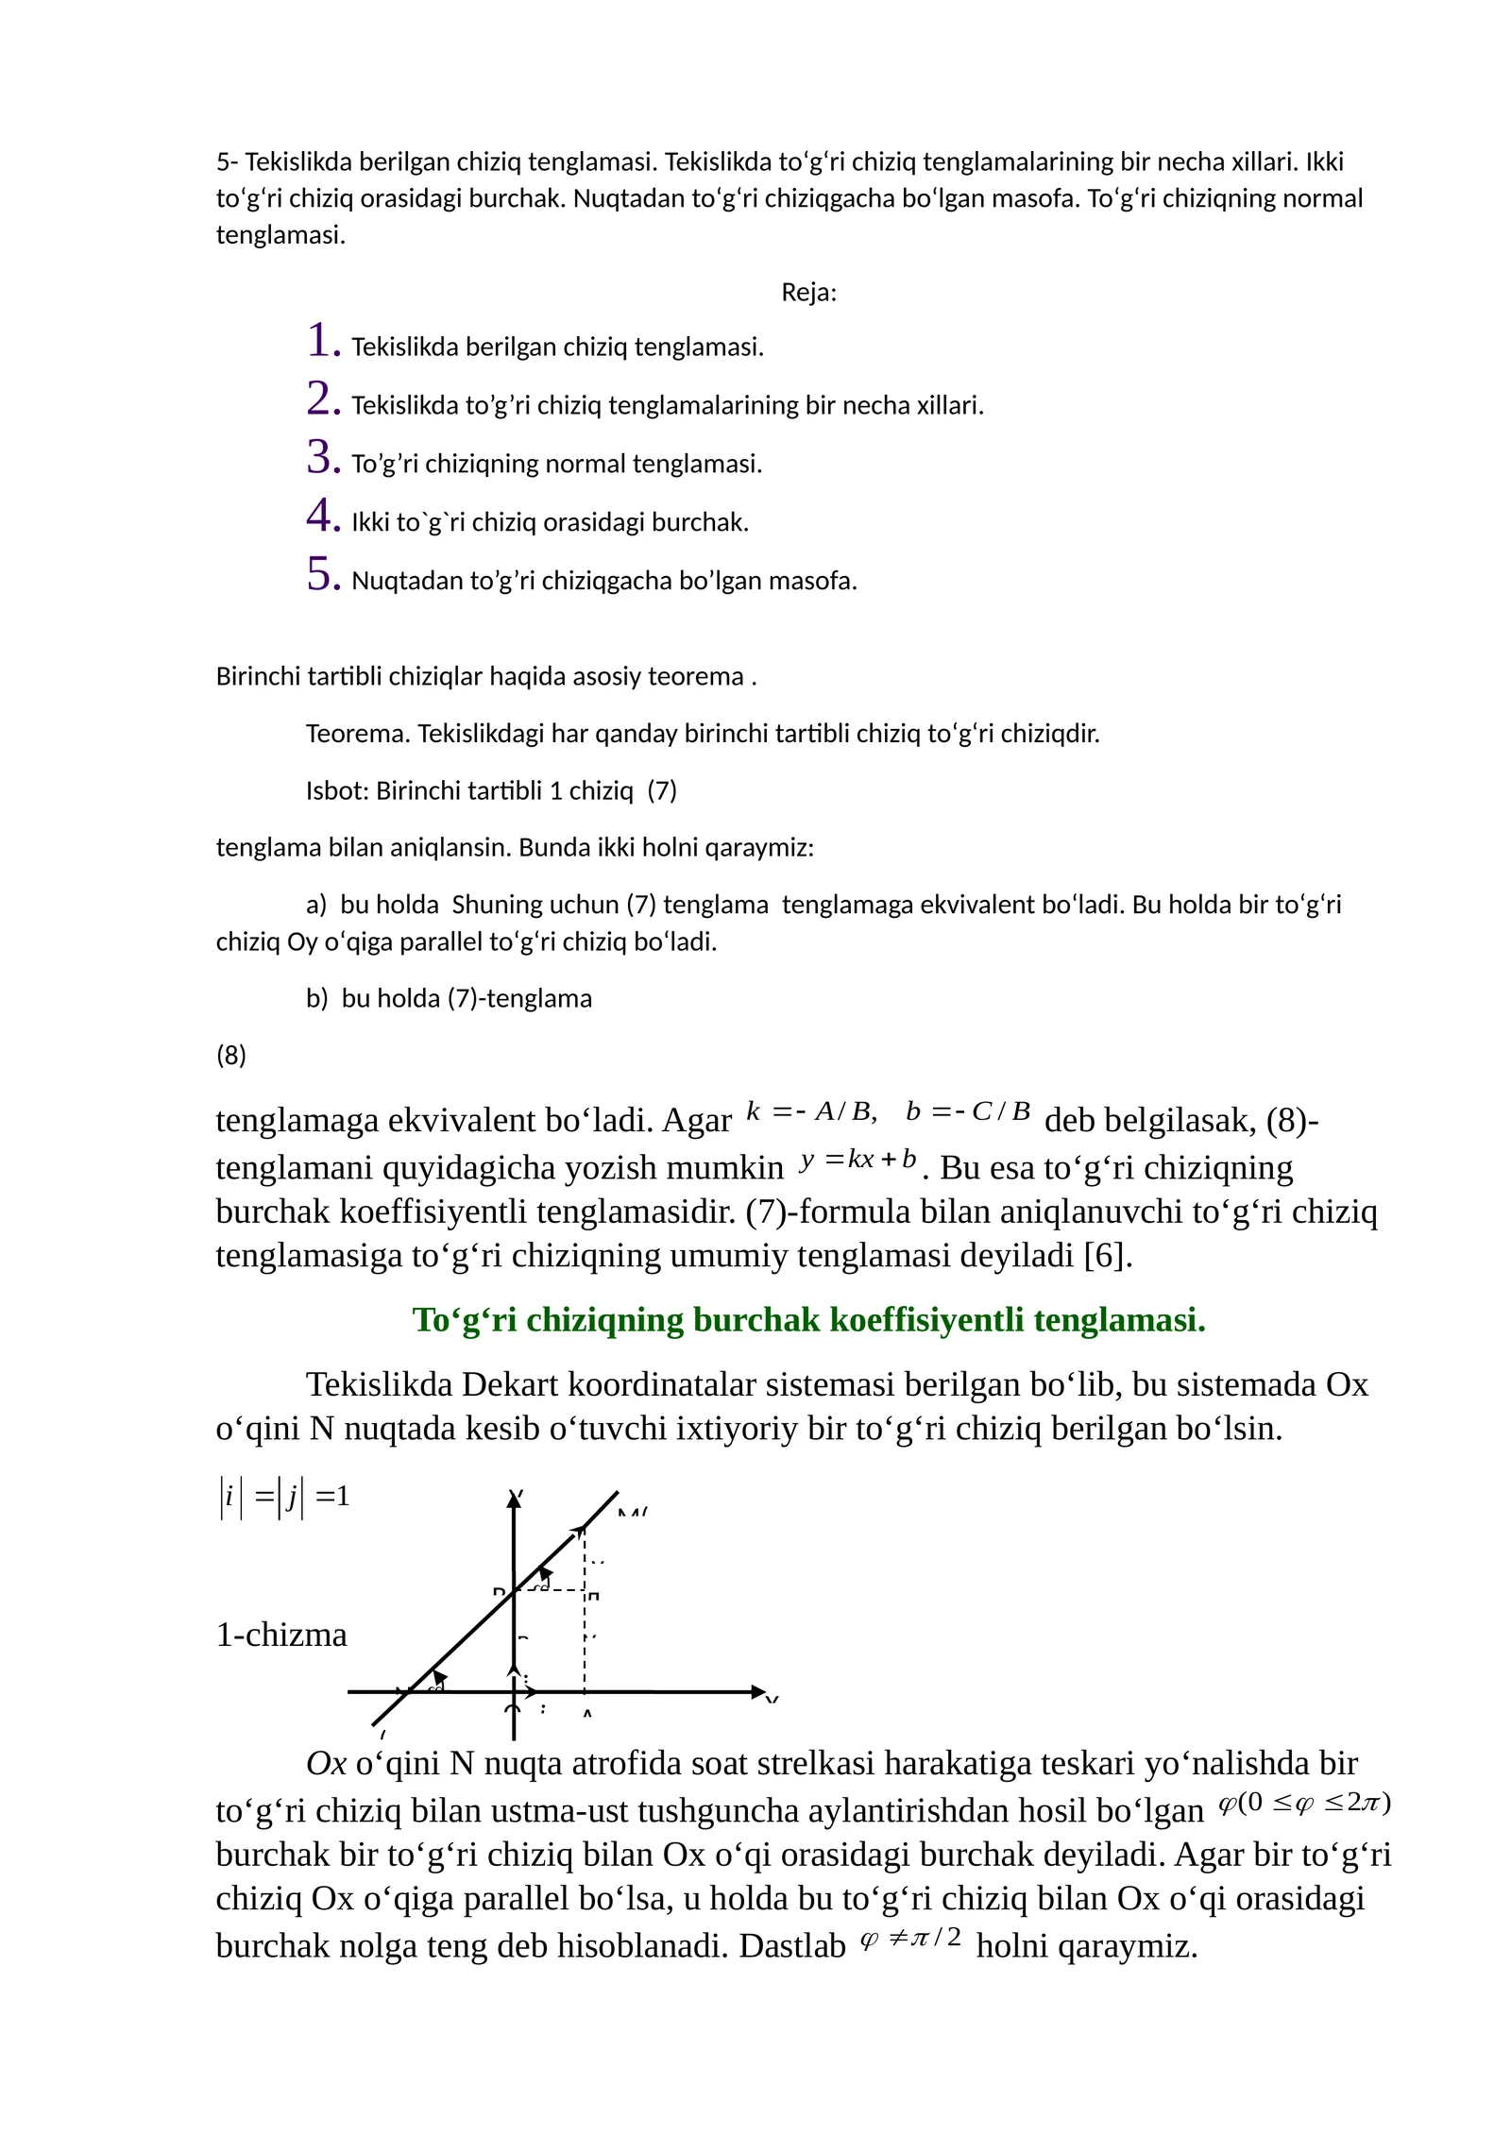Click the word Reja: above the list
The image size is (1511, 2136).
pyautogui.click(x=808, y=293)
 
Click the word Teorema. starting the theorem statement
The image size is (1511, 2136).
pyautogui.click(x=358, y=734)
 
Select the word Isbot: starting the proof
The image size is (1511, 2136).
pyautogui.click(x=337, y=790)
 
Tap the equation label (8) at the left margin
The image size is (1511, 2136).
pyautogui.click(x=231, y=1055)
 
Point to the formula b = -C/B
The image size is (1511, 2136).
pyautogui.click(x=967, y=1111)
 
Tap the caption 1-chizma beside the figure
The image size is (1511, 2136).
pyautogui.click(x=281, y=1635)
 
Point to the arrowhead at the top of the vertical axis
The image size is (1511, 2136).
pyautogui.click(x=514, y=1500)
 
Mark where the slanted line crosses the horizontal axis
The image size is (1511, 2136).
pyautogui.click(x=408, y=1692)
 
